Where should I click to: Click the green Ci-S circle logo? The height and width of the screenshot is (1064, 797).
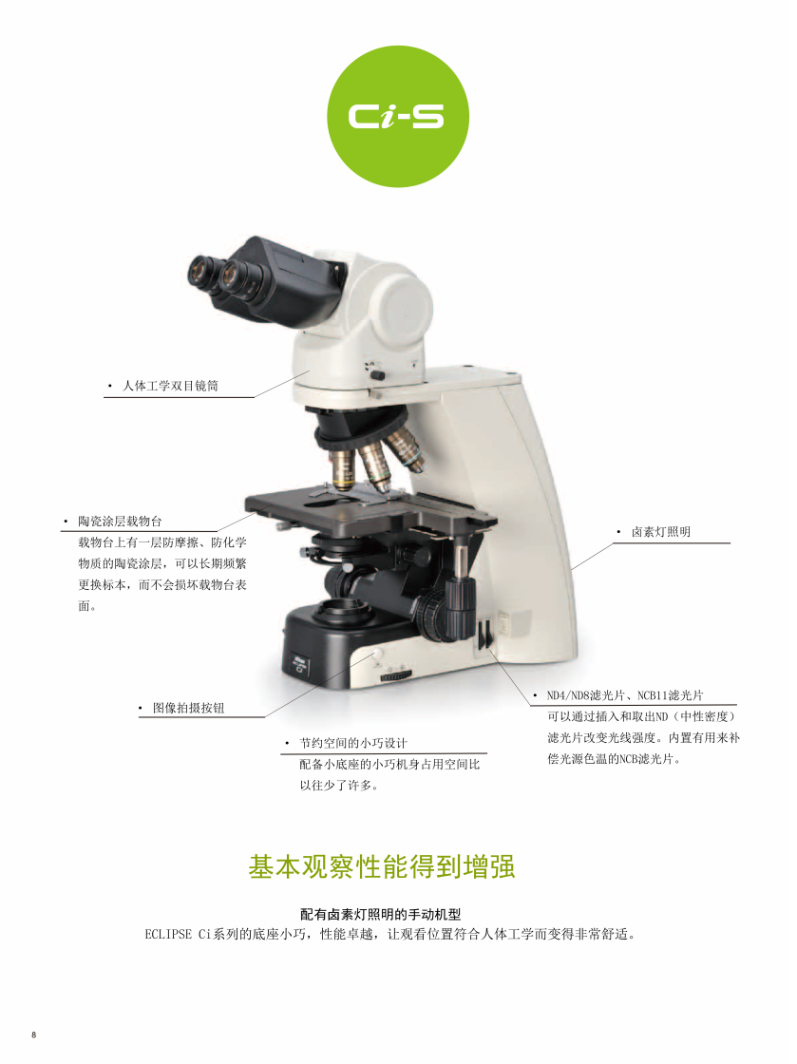click(398, 117)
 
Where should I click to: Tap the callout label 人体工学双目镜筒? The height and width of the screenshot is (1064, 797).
click(170, 386)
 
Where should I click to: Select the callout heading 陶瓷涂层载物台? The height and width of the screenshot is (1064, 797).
click(120, 522)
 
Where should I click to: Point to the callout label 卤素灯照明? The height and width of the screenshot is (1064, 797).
click(661, 532)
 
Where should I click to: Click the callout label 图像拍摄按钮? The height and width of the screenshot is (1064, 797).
click(189, 708)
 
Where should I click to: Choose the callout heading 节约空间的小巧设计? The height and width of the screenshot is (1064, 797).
click(353, 743)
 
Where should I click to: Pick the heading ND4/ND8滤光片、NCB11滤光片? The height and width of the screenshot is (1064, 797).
click(625, 695)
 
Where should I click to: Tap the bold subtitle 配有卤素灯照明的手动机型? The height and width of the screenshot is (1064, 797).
click(381, 915)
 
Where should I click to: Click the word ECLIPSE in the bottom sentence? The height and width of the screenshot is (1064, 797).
click(168, 935)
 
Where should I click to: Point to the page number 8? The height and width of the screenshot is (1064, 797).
click(34, 1035)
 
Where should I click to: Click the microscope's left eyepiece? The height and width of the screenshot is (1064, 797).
click(202, 274)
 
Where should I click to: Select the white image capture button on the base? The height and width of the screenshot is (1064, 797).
click(377, 654)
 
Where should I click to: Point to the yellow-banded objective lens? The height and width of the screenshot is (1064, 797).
click(343, 470)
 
